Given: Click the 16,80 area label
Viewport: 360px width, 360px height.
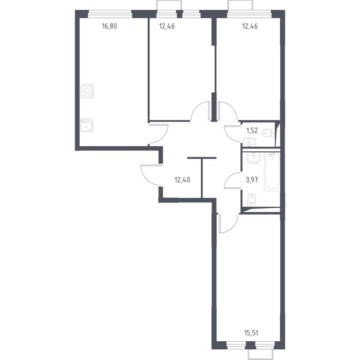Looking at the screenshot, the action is pyautogui.click(x=110, y=26).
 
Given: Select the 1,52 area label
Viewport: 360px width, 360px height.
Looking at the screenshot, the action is pyautogui.click(x=252, y=131).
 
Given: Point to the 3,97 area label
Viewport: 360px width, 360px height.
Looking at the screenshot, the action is pyautogui.click(x=252, y=180).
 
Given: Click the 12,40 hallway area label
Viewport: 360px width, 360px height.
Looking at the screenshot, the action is pyautogui.click(x=182, y=180).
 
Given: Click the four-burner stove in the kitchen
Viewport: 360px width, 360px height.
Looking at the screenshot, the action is pyautogui.click(x=87, y=91).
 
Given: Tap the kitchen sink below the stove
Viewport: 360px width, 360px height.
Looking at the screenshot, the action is pyautogui.click(x=87, y=125).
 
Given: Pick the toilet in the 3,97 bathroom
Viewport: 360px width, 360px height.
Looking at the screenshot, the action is pyautogui.click(x=252, y=200).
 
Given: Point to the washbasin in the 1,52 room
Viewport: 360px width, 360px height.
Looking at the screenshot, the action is pyautogui.click(x=249, y=142).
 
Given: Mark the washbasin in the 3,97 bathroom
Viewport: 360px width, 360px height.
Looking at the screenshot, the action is pyautogui.click(x=254, y=158).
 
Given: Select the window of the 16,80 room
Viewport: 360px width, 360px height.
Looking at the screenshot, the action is pyautogui.click(x=110, y=14).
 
